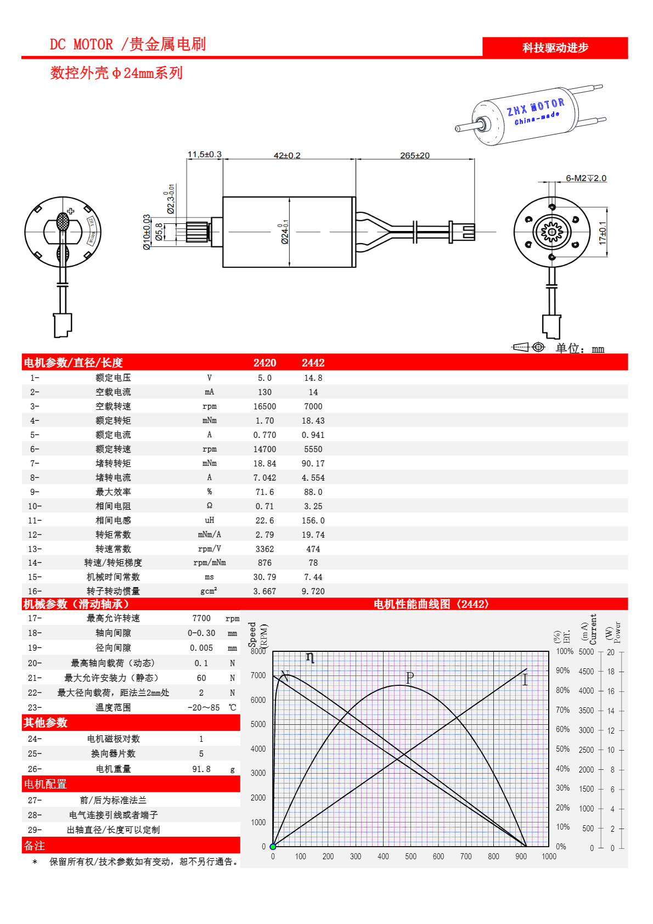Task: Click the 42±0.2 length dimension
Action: pos(287,155)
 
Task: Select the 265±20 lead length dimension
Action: pos(414,155)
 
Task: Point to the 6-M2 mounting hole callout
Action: pos(586,178)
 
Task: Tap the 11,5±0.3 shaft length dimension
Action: pos(204,154)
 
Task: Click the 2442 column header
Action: pos(313,363)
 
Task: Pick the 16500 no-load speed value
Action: pos(264,407)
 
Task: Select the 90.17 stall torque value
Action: pos(313,464)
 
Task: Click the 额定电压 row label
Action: pos(113,378)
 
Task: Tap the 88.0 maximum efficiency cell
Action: pos(313,492)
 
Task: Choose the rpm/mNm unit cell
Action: pos(209,563)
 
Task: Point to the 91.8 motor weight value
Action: pos(201,769)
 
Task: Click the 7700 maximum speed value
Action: pos(201,618)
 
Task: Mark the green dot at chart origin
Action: pos(273,847)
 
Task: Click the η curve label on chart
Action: pos(310,657)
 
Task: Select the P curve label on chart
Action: pos(409,678)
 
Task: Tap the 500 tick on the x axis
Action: pos(410,857)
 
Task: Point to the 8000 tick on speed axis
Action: pos(258,651)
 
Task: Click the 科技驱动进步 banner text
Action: pos(555,48)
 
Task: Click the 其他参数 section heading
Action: pos(46,723)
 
